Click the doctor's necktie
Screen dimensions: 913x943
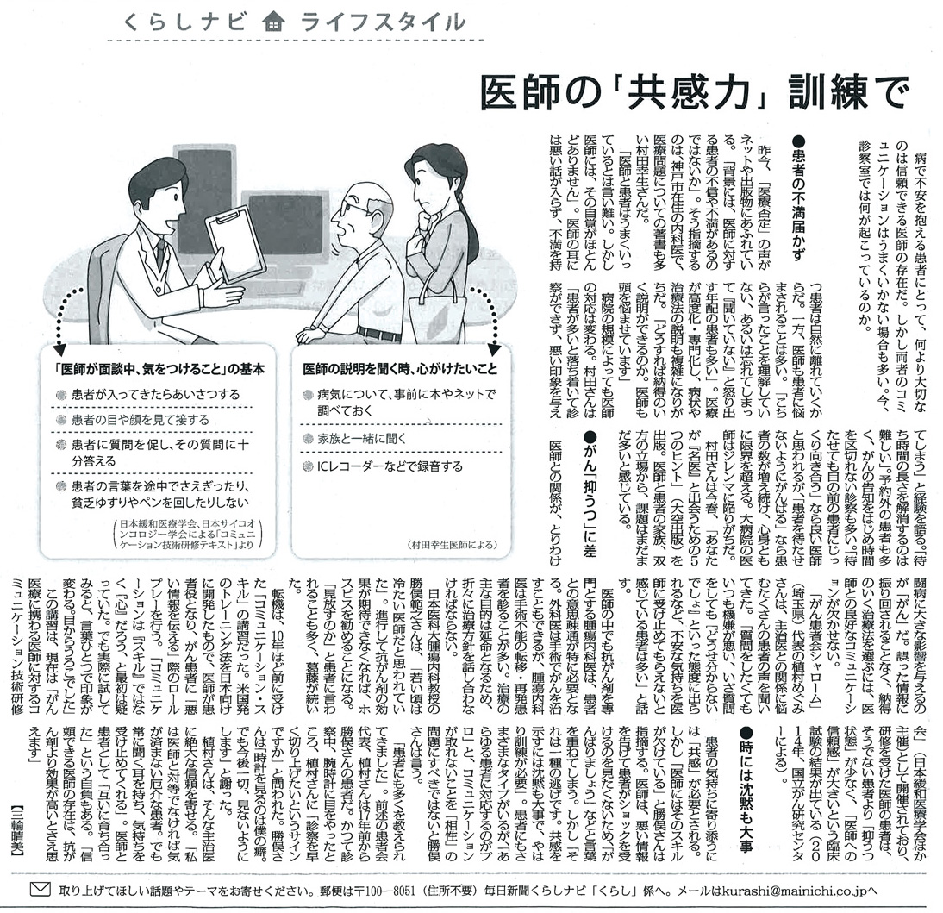pyautogui.click(x=161, y=254)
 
